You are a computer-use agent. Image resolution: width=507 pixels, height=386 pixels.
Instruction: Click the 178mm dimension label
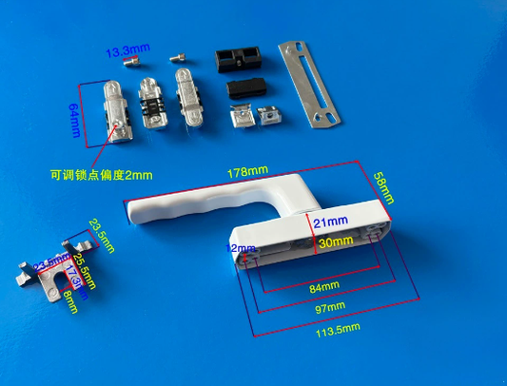(247, 171)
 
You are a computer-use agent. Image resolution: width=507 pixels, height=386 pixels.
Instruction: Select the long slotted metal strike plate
(310, 83)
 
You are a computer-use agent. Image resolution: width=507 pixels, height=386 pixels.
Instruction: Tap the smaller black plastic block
(245, 90)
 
